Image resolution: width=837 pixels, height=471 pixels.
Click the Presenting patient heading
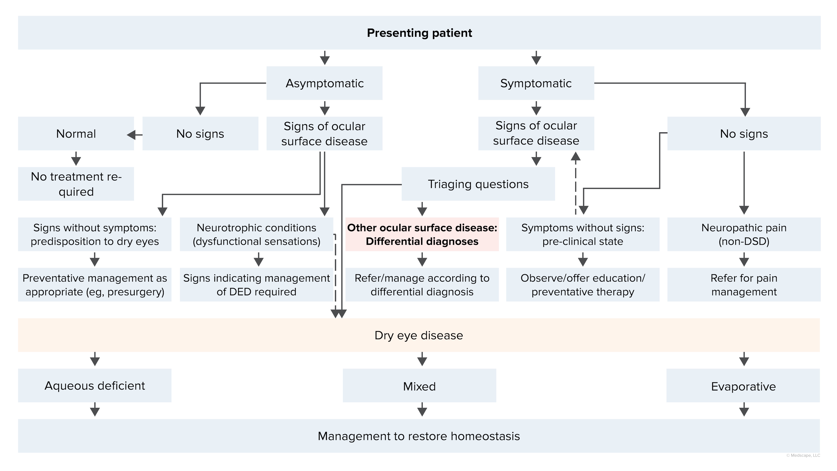(x=419, y=33)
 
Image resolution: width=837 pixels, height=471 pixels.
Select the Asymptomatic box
(x=324, y=83)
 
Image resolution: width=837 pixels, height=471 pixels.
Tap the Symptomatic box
(x=536, y=83)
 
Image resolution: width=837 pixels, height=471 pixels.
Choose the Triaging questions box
(x=478, y=184)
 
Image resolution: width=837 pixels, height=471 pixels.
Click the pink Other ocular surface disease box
(x=422, y=234)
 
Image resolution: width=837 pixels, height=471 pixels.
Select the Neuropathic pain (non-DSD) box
(x=744, y=234)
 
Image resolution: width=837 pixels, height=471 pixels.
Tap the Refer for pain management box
(x=744, y=285)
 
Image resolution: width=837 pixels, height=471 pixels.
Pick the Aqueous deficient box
(x=95, y=385)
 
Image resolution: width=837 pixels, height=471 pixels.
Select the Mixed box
(x=419, y=386)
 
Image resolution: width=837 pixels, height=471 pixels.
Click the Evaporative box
(x=743, y=386)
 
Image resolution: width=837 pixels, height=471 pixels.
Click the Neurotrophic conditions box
(x=256, y=234)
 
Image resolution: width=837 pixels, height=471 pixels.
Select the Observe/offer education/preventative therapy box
(x=583, y=285)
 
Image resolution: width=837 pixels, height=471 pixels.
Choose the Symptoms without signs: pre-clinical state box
(x=583, y=234)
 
